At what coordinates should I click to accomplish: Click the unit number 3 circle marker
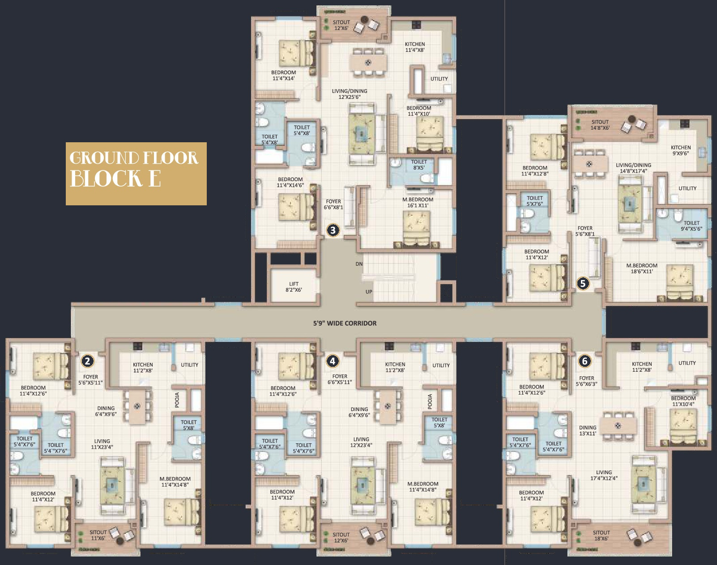[333, 230]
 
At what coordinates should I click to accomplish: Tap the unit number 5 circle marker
[583, 284]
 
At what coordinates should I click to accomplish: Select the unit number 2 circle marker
[88, 361]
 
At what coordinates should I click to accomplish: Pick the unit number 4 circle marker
[333, 361]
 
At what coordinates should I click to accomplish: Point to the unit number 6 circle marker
[585, 361]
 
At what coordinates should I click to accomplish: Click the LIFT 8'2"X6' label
[294, 287]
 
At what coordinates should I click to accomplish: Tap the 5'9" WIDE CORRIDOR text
[345, 323]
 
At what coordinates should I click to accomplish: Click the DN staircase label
[359, 264]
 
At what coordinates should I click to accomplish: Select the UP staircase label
[369, 292]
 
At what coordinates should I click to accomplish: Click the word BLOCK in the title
[107, 178]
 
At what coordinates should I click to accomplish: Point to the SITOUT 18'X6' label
[602, 535]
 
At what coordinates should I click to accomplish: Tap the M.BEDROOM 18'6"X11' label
[642, 268]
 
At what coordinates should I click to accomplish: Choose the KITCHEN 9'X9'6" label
[681, 150]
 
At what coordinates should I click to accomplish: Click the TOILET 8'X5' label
[419, 165]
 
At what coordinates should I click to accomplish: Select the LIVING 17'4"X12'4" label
[604, 475]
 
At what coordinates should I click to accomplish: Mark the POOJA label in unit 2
[177, 400]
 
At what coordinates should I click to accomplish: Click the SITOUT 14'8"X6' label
[600, 125]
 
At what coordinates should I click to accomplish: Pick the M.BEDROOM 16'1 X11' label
[418, 202]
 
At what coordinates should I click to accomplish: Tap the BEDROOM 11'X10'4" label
[683, 401]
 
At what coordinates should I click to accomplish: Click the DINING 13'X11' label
[588, 430]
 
